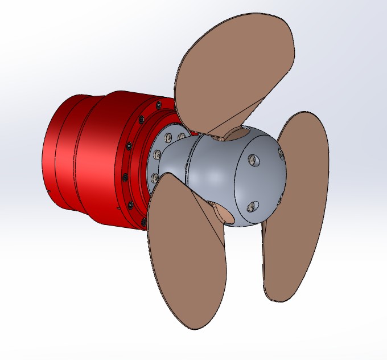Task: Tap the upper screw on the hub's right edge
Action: click(280, 153)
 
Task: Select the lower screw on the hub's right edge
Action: click(279, 198)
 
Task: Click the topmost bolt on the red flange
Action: click(158, 105)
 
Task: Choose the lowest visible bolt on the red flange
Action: click(143, 222)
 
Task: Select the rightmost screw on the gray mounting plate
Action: click(182, 137)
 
